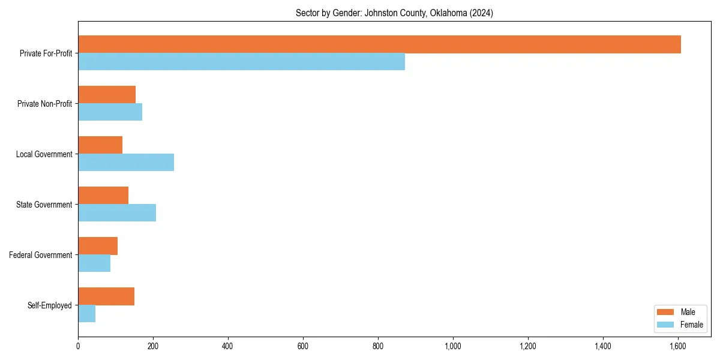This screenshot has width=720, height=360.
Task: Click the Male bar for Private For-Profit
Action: click(379, 44)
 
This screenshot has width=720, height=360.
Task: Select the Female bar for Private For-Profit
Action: click(241, 62)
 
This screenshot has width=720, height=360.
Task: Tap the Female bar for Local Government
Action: click(126, 163)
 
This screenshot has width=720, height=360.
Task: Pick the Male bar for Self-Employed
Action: click(106, 296)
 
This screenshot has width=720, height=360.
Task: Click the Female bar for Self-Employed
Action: click(86, 314)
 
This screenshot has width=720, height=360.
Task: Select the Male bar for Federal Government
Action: click(98, 246)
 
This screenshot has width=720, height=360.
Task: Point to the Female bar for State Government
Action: click(117, 213)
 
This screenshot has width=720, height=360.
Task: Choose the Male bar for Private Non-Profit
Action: click(107, 95)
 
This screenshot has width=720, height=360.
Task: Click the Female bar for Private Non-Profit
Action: click(110, 112)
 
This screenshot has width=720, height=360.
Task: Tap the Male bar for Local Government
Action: click(100, 145)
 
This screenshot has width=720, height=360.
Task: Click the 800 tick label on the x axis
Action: click(378, 346)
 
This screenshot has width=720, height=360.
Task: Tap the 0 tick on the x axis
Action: click(78, 346)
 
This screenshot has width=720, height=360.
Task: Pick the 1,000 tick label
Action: click(453, 346)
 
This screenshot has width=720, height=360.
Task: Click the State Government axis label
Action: click(44, 205)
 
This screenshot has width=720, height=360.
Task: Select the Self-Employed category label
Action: click(49, 305)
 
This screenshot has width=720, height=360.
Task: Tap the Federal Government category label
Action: click(41, 255)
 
